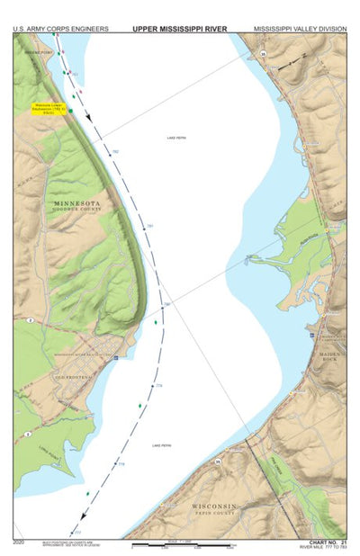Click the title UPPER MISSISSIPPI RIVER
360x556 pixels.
pos(179,29)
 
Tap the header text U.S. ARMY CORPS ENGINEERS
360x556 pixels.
pos(61,29)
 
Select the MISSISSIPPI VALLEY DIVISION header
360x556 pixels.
pos(299,29)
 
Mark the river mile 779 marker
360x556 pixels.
pos(159,386)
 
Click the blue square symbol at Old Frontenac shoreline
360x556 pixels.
pos(115,357)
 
